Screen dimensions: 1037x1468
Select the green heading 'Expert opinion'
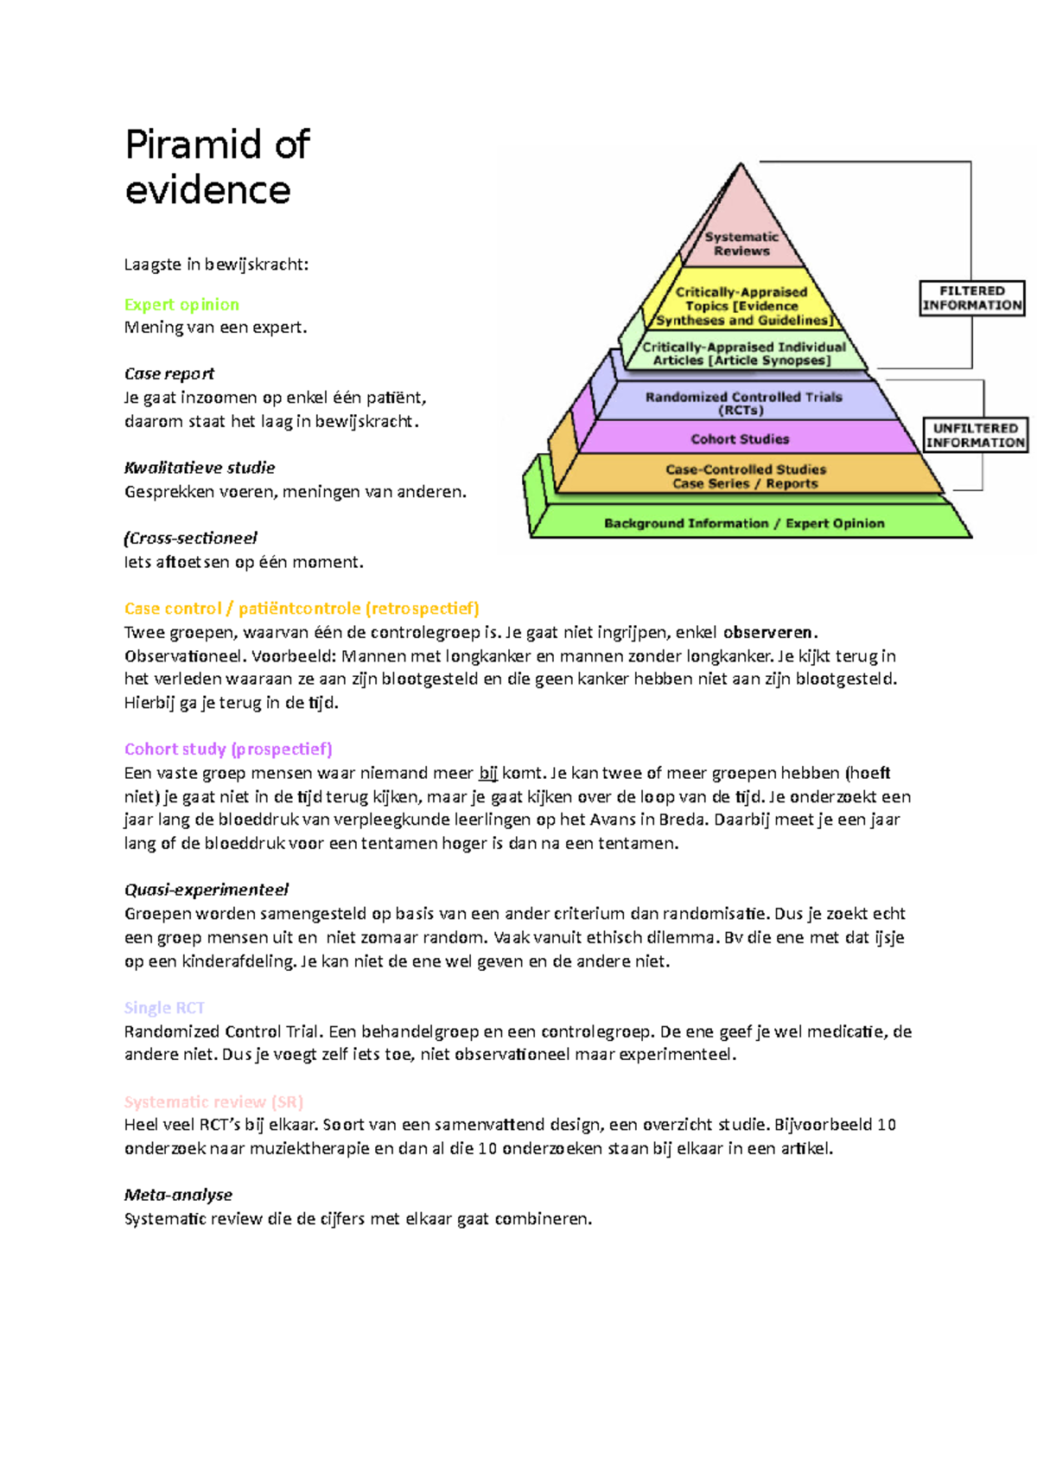(181, 304)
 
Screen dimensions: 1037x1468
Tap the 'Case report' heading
(169, 373)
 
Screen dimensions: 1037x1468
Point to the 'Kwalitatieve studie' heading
(200, 468)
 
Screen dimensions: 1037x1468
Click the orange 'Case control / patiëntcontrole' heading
(302, 609)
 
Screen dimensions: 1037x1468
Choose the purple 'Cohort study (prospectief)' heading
(228, 749)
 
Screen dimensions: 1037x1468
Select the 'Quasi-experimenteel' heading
(207, 890)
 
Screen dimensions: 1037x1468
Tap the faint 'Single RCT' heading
(164, 1007)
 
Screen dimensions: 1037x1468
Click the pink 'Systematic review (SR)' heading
(213, 1101)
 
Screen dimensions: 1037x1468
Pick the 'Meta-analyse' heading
(178, 1195)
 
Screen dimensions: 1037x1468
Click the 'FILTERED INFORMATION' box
(972, 298)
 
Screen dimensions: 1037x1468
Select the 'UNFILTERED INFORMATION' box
(976, 435)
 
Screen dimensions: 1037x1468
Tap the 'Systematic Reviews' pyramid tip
(741, 243)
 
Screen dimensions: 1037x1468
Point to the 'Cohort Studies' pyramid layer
(741, 439)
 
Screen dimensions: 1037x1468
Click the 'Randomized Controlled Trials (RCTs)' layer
(743, 403)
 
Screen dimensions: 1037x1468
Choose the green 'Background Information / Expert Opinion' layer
(744, 523)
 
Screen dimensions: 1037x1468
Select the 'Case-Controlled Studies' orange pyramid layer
(746, 476)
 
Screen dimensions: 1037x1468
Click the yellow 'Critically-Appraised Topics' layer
(741, 306)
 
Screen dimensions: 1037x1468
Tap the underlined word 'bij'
(487, 773)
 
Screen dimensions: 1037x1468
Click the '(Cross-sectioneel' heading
(191, 538)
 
